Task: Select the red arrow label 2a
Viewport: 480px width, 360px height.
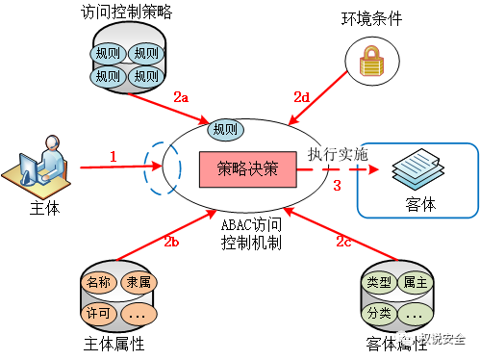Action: click(182, 97)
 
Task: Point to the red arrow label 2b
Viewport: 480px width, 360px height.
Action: click(172, 242)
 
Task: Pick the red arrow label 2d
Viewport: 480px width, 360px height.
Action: click(301, 96)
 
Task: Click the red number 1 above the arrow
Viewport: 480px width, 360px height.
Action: click(113, 155)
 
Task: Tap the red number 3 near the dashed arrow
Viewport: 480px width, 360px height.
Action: click(337, 185)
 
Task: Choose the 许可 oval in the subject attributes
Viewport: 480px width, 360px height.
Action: click(99, 313)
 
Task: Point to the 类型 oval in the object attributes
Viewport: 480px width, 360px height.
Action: click(380, 283)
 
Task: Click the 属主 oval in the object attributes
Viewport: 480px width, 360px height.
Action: click(417, 283)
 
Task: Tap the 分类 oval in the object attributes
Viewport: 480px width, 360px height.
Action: click(380, 313)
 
